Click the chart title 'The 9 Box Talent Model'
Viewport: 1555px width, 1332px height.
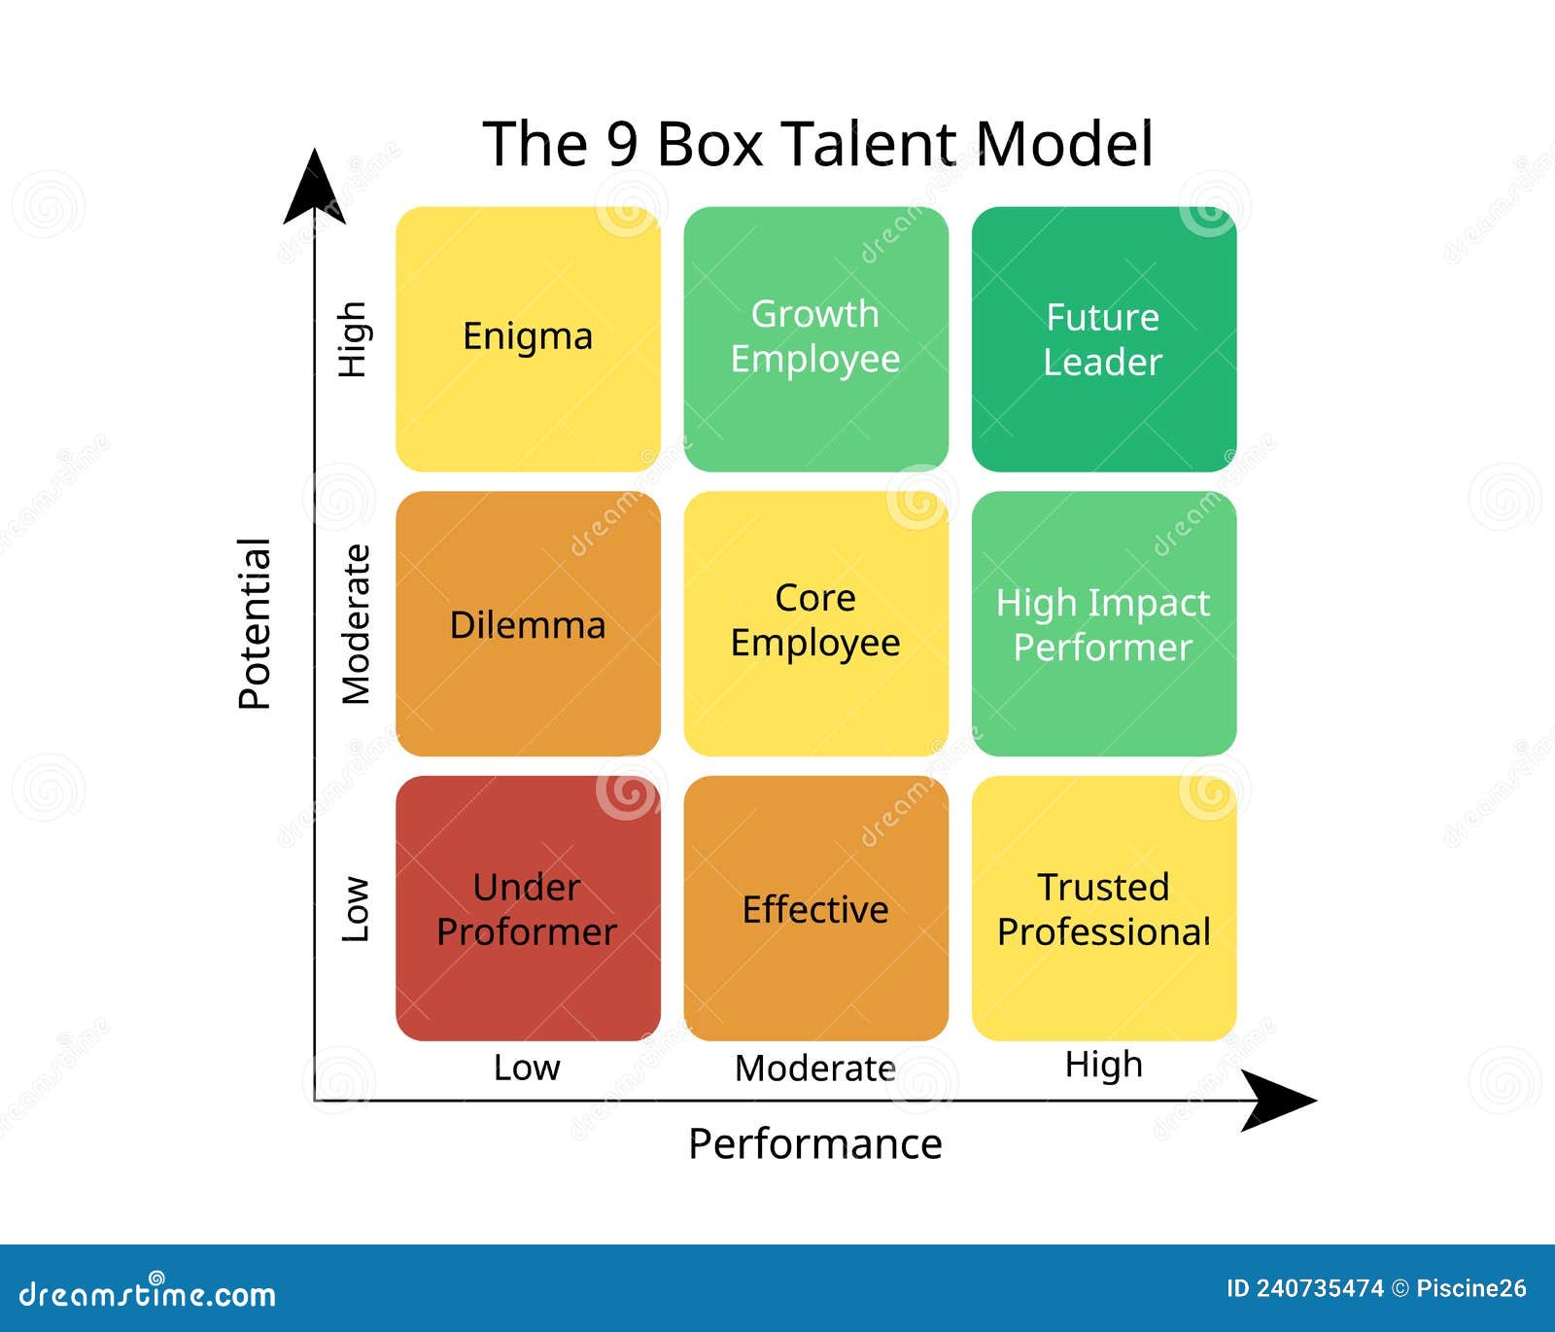817,144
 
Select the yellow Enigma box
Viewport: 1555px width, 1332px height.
528,338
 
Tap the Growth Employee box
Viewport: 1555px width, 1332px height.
815,338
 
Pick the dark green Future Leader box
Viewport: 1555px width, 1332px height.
1103,338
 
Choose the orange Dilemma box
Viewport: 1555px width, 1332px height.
528,624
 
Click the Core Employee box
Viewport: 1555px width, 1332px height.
815,622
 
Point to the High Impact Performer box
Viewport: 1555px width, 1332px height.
1103,624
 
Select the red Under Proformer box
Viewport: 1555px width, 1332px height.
528,908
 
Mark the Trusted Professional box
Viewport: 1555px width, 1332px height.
1103,908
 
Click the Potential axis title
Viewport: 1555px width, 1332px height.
255,624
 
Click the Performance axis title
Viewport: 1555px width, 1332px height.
814,1144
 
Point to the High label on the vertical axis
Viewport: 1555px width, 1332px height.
352,338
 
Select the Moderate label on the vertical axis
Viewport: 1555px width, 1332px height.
356,624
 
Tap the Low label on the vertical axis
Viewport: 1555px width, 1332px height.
356,910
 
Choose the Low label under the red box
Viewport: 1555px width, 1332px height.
527,1068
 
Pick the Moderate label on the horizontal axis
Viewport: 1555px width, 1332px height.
814,1069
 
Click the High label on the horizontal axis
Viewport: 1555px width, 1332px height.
1103,1065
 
